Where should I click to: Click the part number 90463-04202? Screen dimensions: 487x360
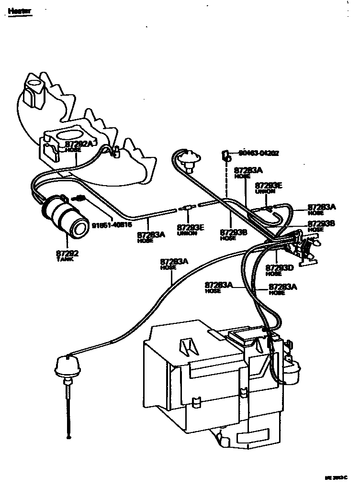click(259, 154)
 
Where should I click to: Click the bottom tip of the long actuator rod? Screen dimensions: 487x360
click(69, 436)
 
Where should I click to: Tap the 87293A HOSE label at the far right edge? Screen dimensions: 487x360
click(322, 209)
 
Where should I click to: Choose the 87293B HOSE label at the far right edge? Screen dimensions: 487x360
click(322, 226)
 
